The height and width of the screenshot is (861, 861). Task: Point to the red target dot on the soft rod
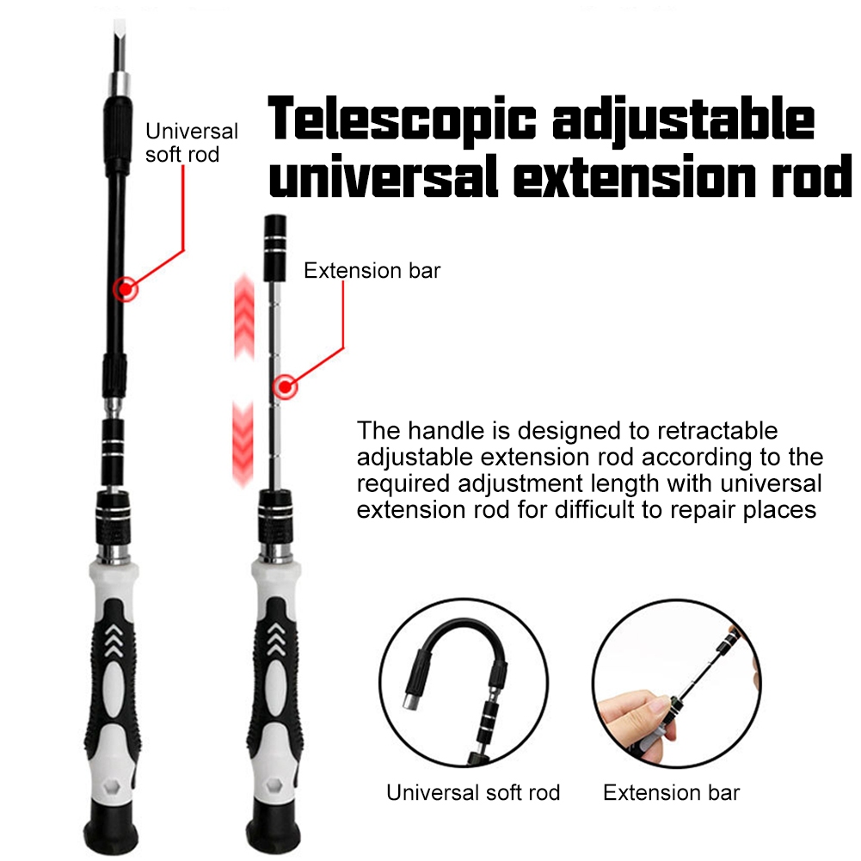(x=126, y=289)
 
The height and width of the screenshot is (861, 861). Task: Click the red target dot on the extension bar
(x=285, y=387)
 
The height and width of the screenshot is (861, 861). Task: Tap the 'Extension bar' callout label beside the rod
(x=372, y=271)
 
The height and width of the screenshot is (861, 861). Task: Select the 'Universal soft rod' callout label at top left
(x=191, y=143)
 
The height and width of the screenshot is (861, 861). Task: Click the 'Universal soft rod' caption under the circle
(x=473, y=792)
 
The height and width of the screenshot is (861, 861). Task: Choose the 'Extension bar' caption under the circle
(x=671, y=792)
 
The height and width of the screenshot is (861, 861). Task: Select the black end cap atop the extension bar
(x=276, y=232)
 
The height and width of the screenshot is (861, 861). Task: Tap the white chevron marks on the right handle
(x=277, y=641)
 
